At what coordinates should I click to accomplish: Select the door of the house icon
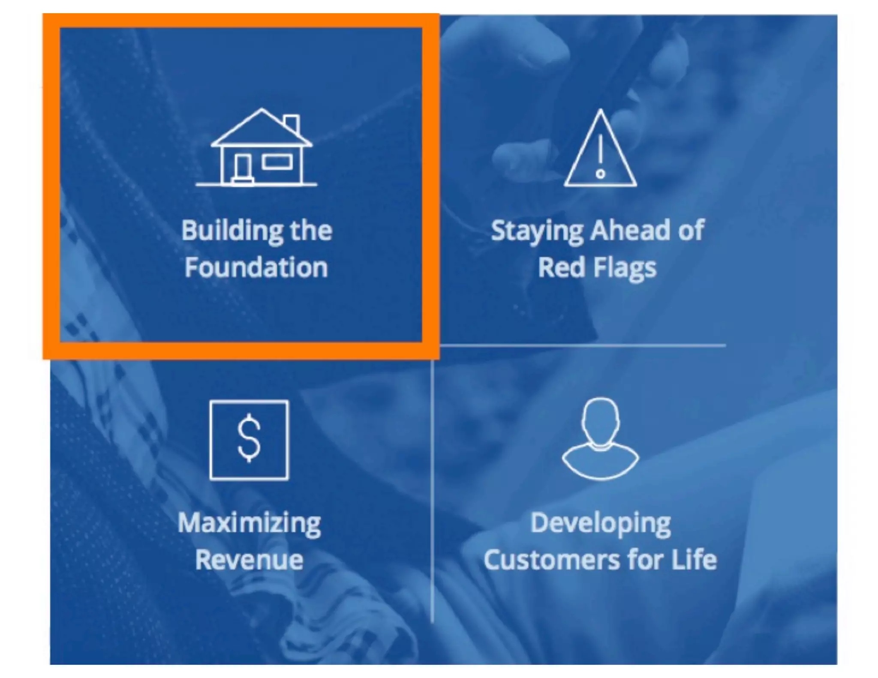pos(243,167)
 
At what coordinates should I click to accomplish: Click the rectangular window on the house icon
pos(277,162)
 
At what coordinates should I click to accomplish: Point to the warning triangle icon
pos(600,150)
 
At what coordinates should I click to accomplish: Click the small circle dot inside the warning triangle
pos(600,174)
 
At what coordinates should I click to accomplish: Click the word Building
pos(232,231)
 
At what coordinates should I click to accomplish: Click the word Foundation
pos(256,267)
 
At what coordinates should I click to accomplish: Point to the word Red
pos(561,267)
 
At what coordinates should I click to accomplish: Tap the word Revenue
pos(250,560)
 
